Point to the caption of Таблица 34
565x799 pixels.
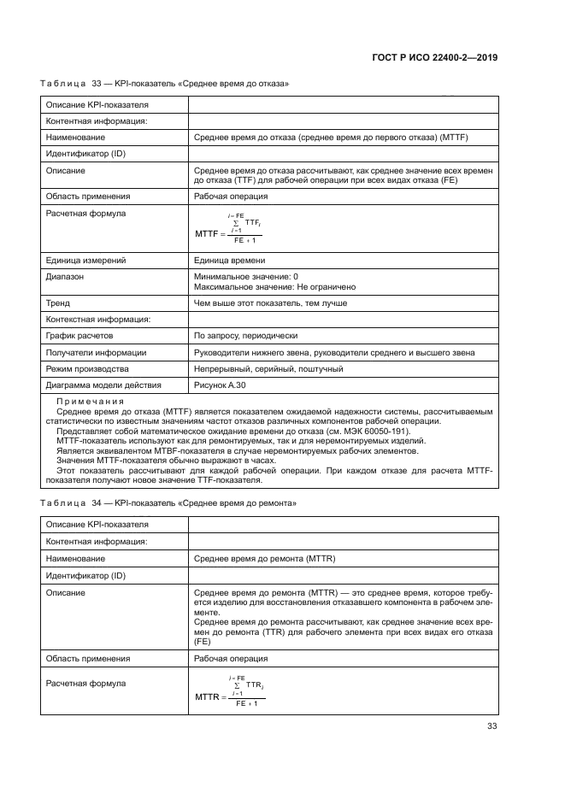pos(168,503)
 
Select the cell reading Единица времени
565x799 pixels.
pos(229,261)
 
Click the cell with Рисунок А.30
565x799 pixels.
pos(221,385)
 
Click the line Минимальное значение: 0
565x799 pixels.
pos(246,277)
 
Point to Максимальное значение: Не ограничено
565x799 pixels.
pos(274,287)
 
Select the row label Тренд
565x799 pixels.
pos(57,303)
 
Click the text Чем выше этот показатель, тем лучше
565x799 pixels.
pos(270,303)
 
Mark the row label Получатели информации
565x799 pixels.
pos(96,352)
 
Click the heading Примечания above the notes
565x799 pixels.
pos(90,402)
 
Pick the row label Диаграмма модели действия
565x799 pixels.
pos(102,385)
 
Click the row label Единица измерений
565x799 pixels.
pos(86,261)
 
